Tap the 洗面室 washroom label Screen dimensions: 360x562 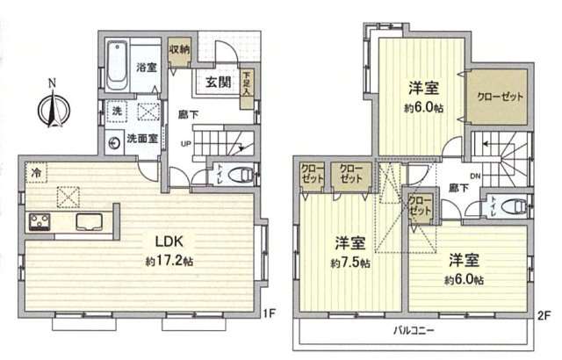coord(140,138)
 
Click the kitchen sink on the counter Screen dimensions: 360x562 coord(89,220)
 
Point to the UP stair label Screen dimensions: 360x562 coord(184,144)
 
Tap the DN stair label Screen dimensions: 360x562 coord(475,178)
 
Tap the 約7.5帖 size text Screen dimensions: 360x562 coord(352,263)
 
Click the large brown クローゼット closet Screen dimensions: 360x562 coord(496,96)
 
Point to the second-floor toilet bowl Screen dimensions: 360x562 coord(519,207)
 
